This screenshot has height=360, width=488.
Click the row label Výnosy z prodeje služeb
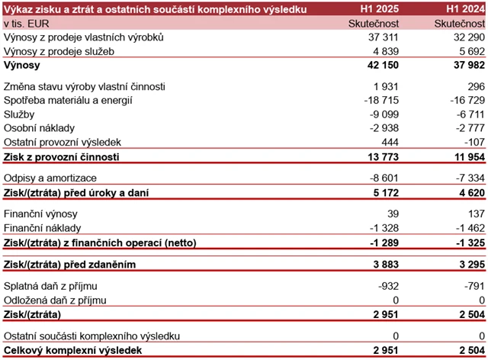click(59, 52)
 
